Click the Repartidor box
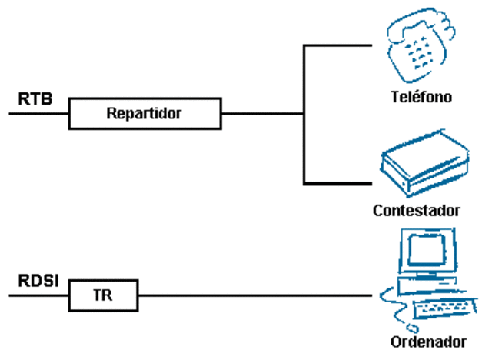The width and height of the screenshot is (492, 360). (145, 114)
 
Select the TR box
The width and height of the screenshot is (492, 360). (103, 295)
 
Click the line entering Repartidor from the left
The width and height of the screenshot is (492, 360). (38, 114)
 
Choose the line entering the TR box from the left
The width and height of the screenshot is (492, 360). (38, 295)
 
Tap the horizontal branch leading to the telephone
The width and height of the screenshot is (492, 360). (342, 45)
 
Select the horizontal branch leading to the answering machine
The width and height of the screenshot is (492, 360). (342, 183)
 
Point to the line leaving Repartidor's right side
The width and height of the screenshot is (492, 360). (261, 114)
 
